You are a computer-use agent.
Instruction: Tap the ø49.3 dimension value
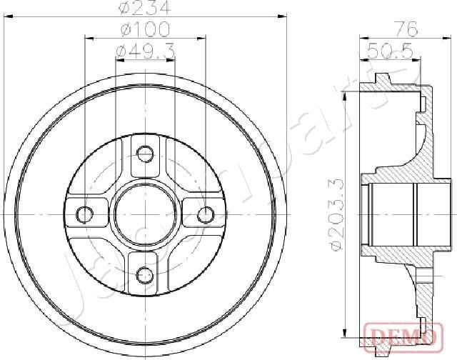point(144,51)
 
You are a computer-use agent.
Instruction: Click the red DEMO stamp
point(401,334)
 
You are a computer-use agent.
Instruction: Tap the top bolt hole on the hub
point(145,153)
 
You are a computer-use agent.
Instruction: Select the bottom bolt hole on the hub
point(145,274)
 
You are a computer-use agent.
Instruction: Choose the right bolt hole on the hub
point(206,214)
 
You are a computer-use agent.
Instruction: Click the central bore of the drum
point(145,214)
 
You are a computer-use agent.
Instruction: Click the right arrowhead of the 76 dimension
point(433,38)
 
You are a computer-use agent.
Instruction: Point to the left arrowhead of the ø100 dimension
point(88,38)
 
